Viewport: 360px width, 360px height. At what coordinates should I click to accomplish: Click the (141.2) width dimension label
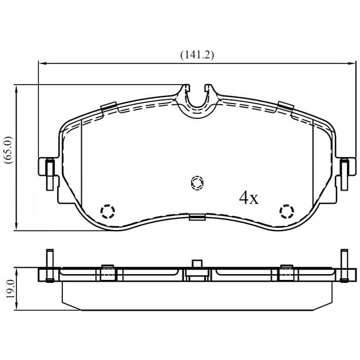(x=197, y=55)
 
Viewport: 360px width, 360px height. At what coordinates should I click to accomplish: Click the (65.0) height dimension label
(x=9, y=150)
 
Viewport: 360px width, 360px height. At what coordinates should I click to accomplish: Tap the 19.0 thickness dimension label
(x=10, y=289)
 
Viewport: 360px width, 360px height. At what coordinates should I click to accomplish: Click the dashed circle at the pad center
(x=197, y=183)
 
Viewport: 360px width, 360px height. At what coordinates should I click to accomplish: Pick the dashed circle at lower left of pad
(x=108, y=211)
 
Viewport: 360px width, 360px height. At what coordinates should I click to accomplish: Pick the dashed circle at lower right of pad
(x=286, y=211)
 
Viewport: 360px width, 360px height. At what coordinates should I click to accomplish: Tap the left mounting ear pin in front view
(x=50, y=175)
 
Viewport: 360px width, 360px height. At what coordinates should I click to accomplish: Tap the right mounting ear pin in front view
(x=344, y=175)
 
